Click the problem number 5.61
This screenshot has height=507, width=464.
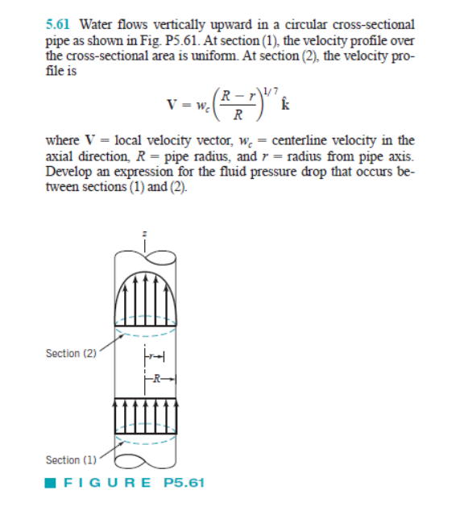coord(56,24)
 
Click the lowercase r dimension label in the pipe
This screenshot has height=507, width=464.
coord(153,355)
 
